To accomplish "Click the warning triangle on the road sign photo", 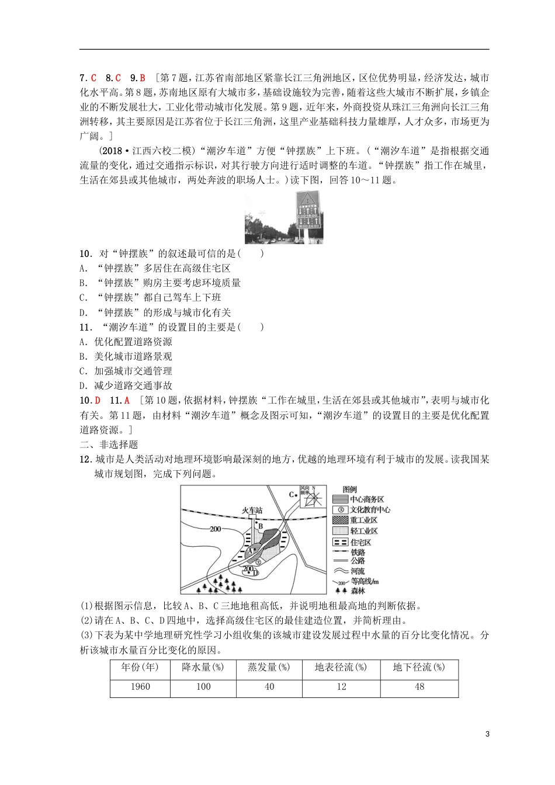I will coord(308,199).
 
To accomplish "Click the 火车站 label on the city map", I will coord(252,510).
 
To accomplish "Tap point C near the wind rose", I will coord(292,495).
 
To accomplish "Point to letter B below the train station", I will coord(261,526).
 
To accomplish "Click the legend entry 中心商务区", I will coord(366,499).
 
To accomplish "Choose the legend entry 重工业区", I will coord(363,520).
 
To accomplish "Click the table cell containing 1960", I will coord(140,687).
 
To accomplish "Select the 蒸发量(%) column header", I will coord(269,668).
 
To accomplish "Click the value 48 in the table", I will coord(419,687).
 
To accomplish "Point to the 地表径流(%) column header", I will coord(341,668).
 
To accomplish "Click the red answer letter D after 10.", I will coord(98,401).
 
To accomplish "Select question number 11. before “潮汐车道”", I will coord(86,327).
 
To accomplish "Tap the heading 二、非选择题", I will coord(109,444).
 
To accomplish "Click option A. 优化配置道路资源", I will coord(126,342).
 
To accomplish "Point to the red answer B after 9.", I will coord(143,78).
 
